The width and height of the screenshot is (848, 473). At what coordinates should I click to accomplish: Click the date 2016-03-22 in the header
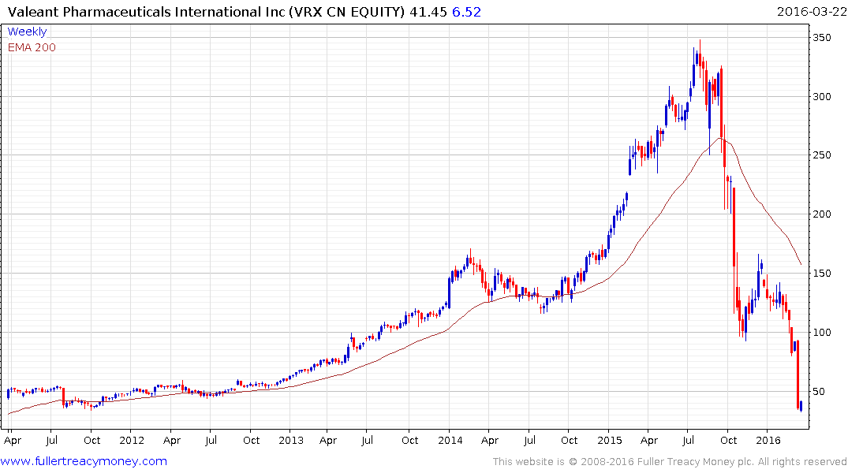click(x=810, y=12)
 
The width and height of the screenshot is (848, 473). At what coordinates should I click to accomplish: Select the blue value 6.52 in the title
click(x=465, y=12)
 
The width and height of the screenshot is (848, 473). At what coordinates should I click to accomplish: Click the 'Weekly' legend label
click(x=28, y=32)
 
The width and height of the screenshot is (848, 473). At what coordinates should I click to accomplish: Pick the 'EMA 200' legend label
click(x=32, y=47)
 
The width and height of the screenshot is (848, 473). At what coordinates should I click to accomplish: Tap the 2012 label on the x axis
click(x=132, y=440)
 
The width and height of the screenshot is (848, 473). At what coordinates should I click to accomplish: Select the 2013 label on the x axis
click(x=291, y=440)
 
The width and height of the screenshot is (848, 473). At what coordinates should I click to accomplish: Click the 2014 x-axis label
click(x=450, y=440)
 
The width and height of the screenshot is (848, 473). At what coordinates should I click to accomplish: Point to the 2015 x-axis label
click(x=610, y=440)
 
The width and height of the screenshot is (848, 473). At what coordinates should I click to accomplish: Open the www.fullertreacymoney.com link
click(x=84, y=461)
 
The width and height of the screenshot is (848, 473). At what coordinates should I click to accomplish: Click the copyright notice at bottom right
click(x=670, y=462)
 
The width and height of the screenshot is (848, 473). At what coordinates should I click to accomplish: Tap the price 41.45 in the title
click(x=427, y=12)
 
